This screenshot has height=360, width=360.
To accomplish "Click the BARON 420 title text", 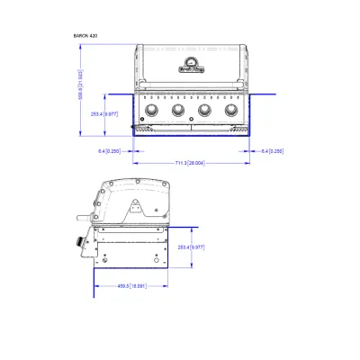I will click(85, 35).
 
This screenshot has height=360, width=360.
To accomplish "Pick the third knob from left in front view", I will click(203, 111).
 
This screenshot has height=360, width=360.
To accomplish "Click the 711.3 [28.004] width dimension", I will click(191, 163).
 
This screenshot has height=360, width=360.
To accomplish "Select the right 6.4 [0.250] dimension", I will click(271, 150).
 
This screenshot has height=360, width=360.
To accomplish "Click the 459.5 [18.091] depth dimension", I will click(132, 286).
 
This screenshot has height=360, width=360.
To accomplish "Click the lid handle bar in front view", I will click(189, 84).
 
